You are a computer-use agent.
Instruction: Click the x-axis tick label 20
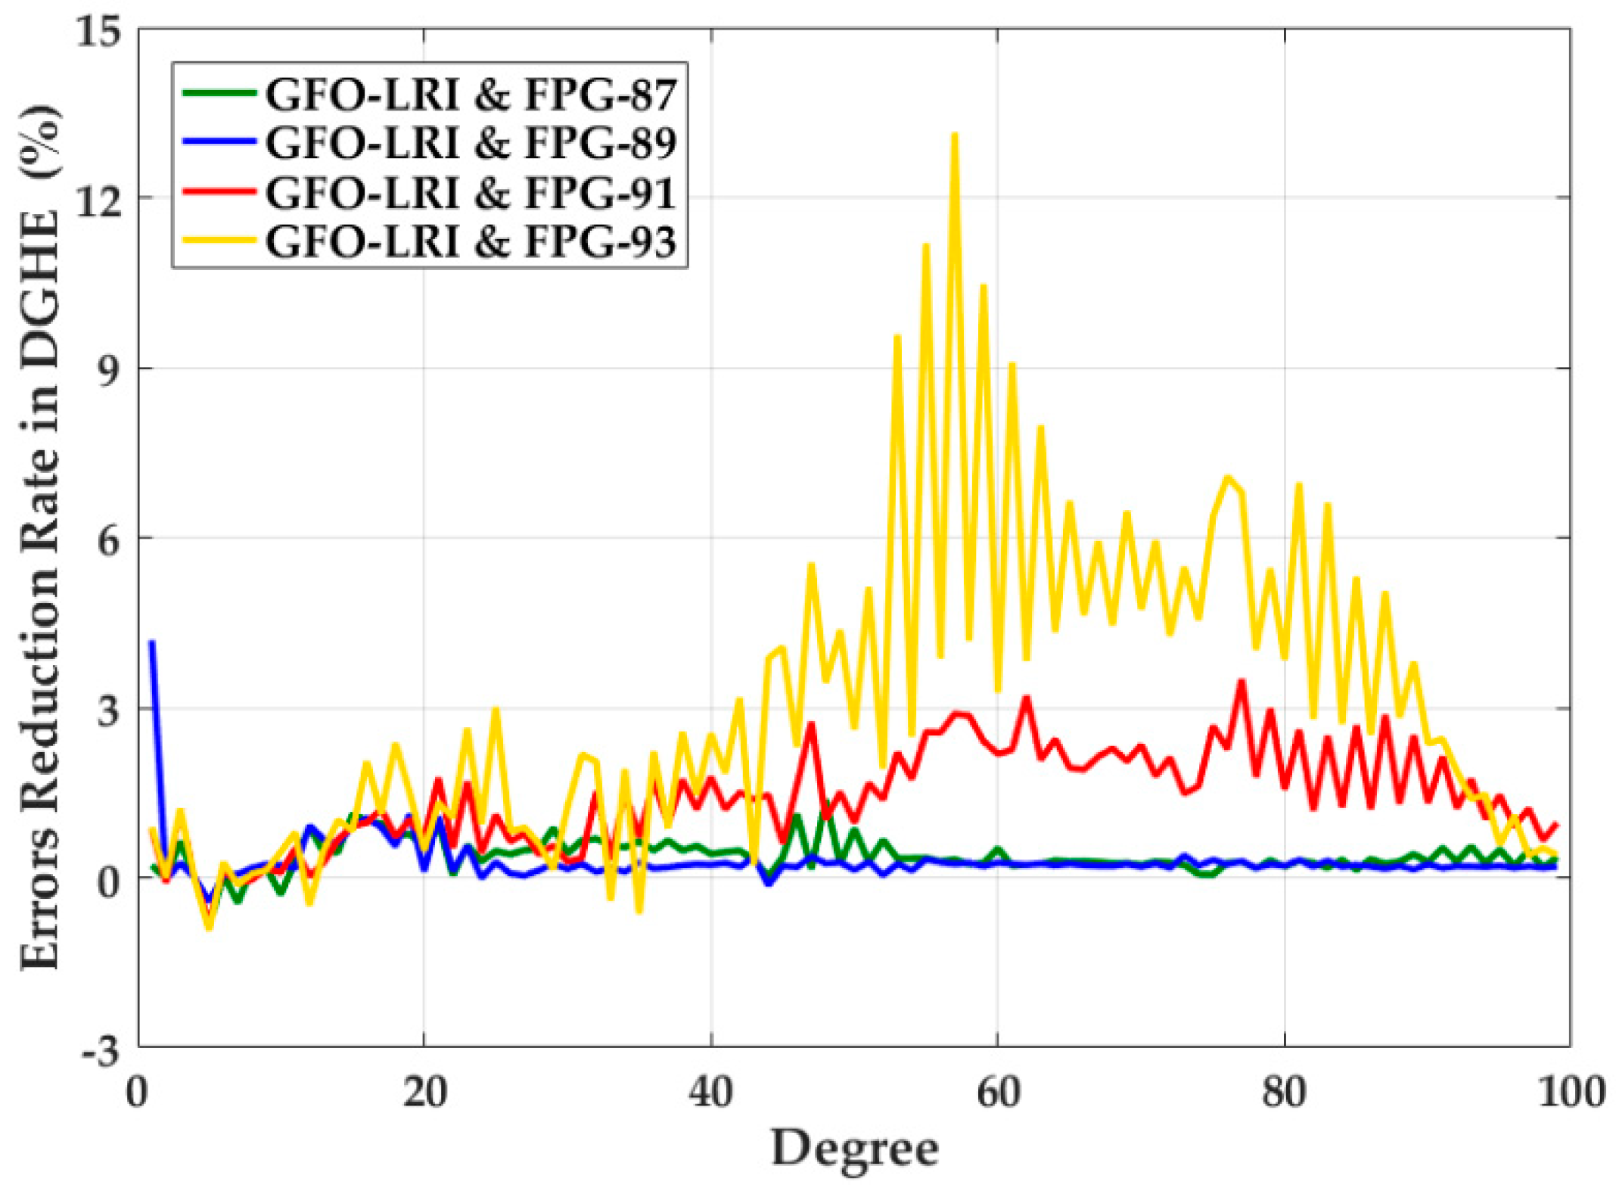[x=424, y=1093]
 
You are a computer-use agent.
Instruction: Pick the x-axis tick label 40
[x=711, y=1093]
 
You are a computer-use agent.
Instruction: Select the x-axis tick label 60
[x=998, y=1093]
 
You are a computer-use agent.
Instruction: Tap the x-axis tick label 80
[x=1285, y=1093]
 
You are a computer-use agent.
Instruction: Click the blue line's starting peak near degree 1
[x=152, y=643]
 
